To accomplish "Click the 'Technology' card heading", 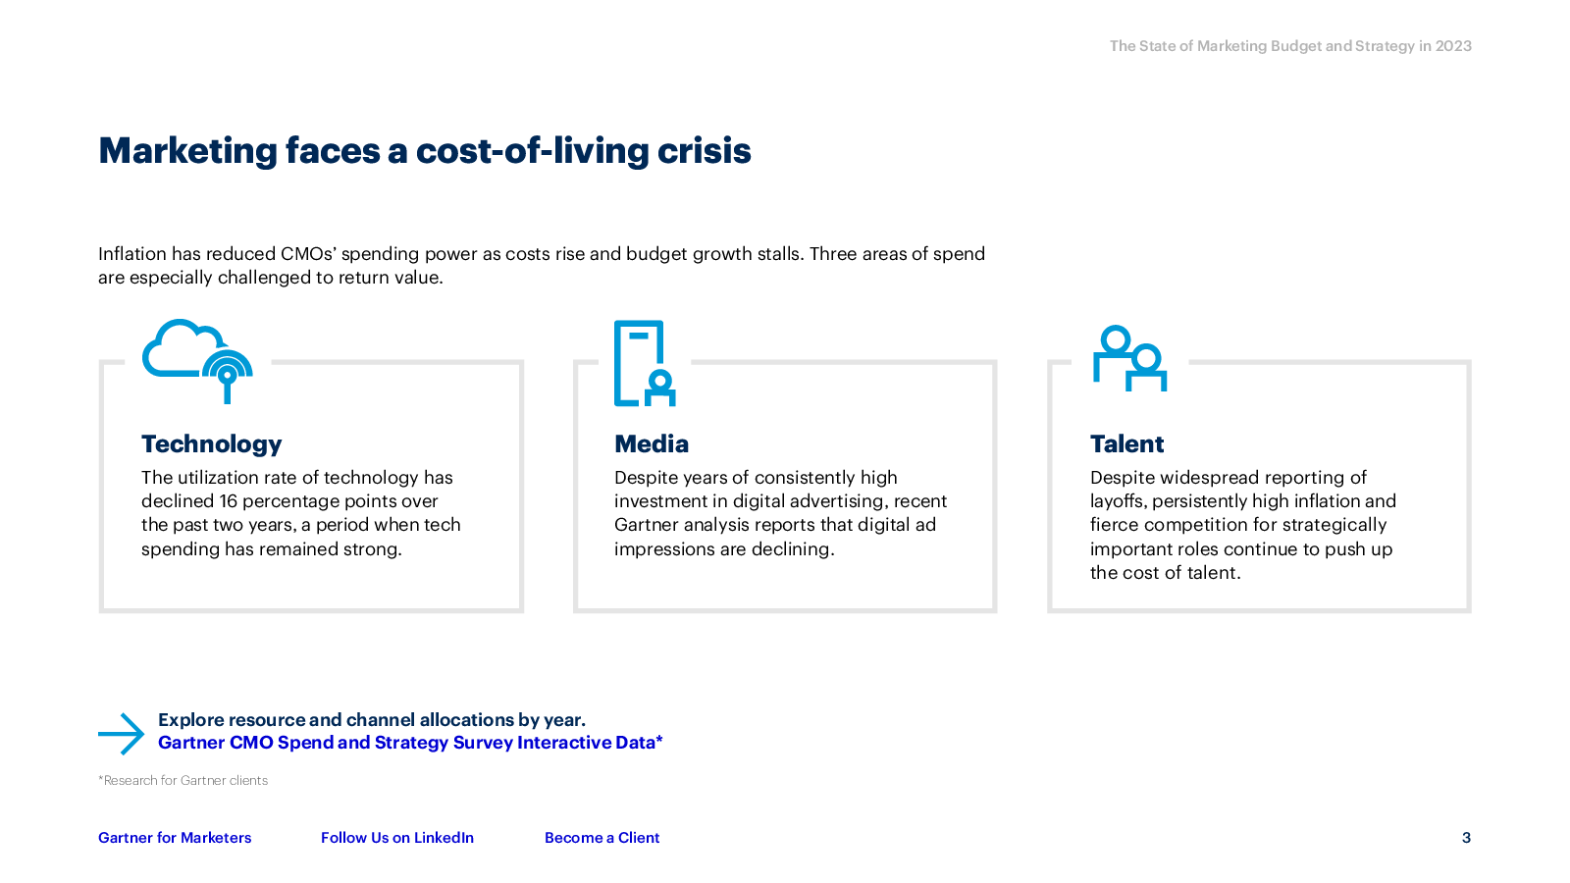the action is point(211,444).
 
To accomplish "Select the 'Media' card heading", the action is point(652,444).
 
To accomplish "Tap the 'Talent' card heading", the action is point(1126,444).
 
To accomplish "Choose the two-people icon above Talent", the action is point(1129,357).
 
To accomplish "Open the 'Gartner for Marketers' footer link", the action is point(175,838).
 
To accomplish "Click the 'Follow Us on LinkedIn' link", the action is point(397,838).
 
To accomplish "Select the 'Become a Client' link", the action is point(602,838).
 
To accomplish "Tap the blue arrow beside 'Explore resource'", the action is point(121,734).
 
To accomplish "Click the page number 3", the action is point(1466,838).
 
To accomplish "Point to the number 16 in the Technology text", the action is point(228,501).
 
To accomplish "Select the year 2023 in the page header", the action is point(1453,46).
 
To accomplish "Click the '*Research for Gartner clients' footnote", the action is point(183,781).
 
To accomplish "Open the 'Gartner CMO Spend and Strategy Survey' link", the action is point(410,743).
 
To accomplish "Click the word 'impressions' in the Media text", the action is point(663,549).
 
